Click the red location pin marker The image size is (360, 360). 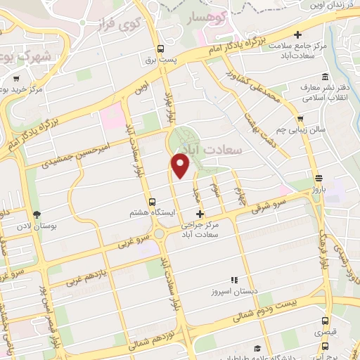(181, 165)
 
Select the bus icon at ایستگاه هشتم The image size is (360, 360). (153, 202)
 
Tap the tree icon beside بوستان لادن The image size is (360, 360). (36, 214)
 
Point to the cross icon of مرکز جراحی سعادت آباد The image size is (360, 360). (200, 214)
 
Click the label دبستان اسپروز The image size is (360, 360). (235, 290)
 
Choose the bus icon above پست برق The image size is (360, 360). (162, 49)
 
